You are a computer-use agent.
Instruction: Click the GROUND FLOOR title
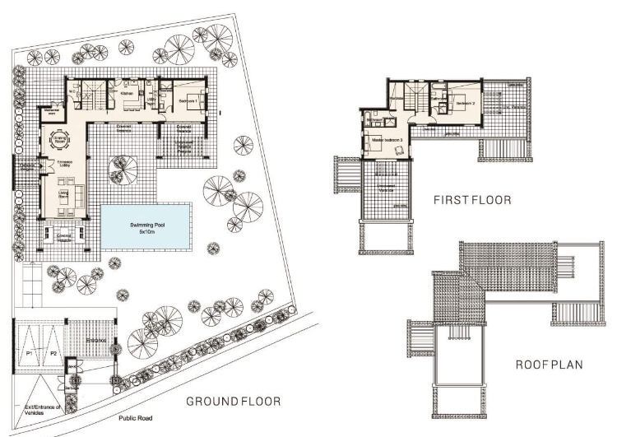(x=233, y=402)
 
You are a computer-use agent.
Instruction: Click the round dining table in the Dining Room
(x=62, y=139)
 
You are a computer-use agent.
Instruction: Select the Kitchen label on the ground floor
(x=128, y=95)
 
